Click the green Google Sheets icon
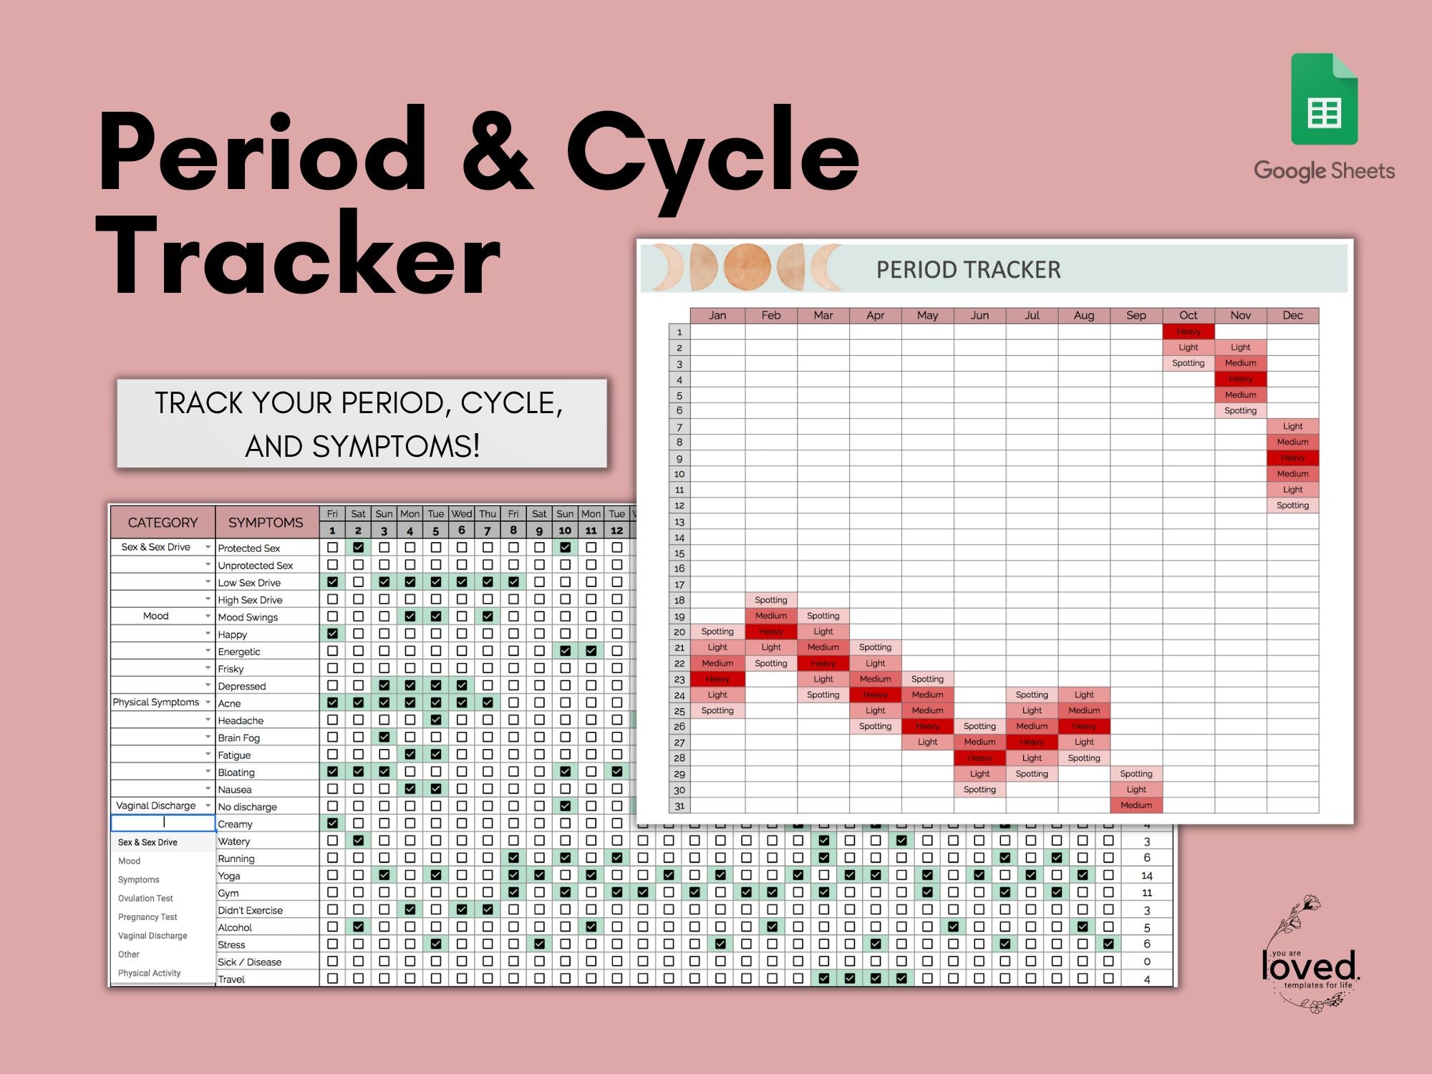tap(1324, 100)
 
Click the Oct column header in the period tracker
tap(1188, 316)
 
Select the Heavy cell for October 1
tap(1188, 332)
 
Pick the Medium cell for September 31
tap(1136, 805)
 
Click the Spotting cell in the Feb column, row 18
tap(770, 600)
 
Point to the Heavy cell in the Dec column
tap(1292, 458)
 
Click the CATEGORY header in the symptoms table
tap(163, 523)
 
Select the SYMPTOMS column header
tap(266, 523)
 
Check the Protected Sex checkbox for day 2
tap(358, 548)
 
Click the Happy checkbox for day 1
tap(332, 634)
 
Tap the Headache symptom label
tap(241, 721)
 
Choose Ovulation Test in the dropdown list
tap(145, 899)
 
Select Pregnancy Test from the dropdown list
tap(147, 917)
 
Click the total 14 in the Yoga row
tap(1146, 876)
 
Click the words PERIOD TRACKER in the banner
tap(968, 270)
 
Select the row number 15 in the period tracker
tap(679, 553)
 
